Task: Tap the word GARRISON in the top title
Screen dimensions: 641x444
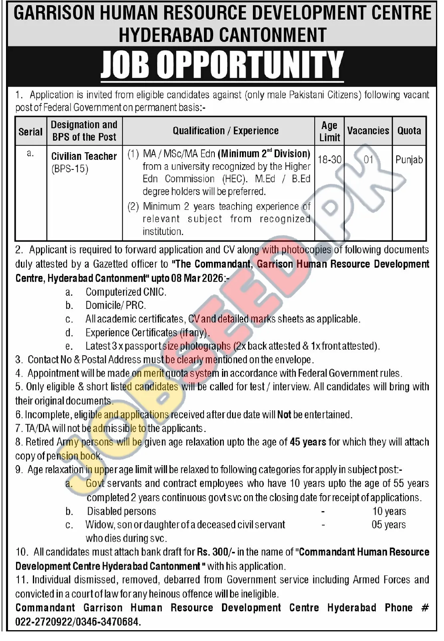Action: tap(53, 14)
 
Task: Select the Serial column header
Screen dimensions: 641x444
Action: tap(30, 131)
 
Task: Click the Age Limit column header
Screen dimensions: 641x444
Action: tap(329, 131)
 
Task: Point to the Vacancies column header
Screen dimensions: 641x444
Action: tap(368, 131)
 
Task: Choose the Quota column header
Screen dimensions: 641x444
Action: tap(409, 131)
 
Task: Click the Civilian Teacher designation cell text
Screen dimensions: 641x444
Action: tap(84, 156)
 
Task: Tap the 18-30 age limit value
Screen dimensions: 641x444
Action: tap(329, 159)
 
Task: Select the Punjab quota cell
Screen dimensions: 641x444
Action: tap(409, 160)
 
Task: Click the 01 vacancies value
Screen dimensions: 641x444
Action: tap(368, 159)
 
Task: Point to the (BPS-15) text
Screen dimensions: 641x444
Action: tap(70, 169)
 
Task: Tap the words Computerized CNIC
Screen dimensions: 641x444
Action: tap(126, 292)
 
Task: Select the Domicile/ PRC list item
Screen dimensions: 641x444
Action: tap(115, 305)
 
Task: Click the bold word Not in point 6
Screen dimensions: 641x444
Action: tap(284, 415)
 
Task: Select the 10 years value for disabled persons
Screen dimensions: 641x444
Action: tap(389, 511)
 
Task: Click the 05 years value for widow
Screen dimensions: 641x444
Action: tap(389, 525)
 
